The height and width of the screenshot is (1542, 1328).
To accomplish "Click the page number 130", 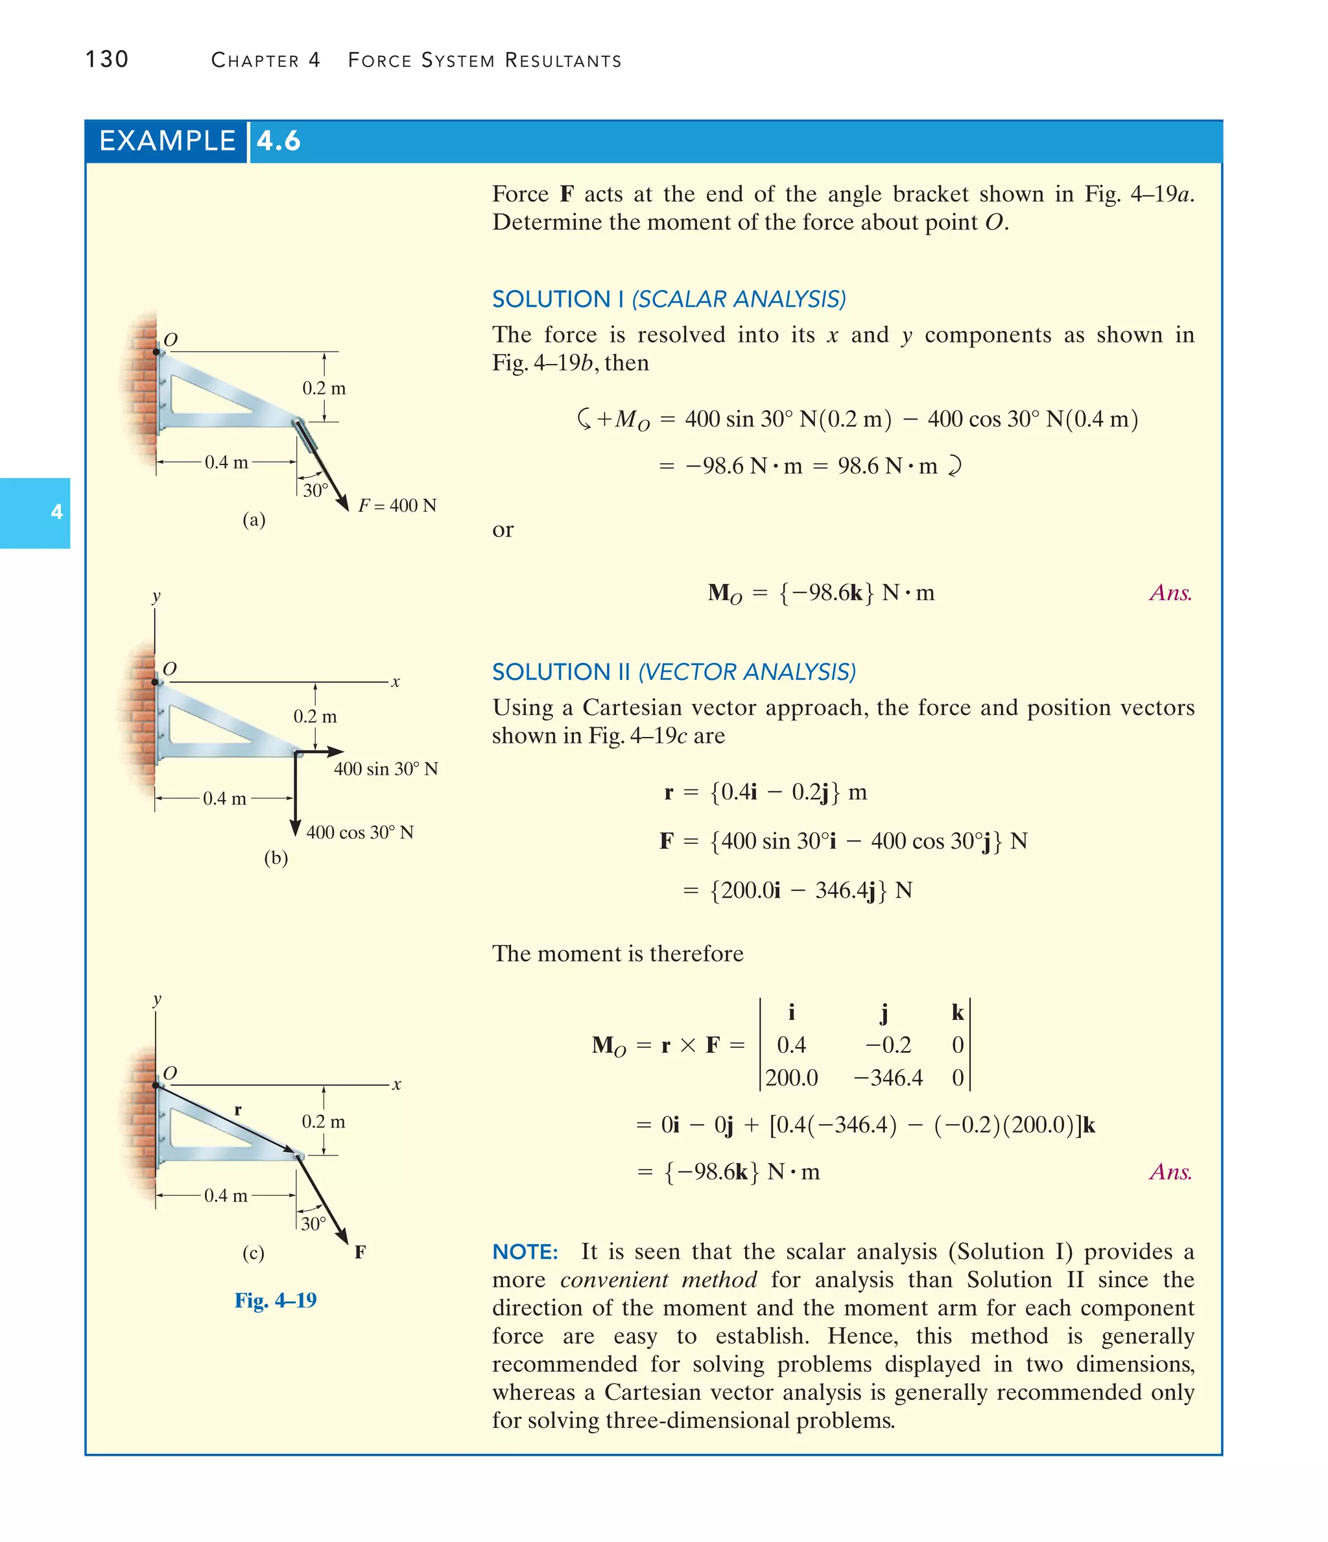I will [x=106, y=59].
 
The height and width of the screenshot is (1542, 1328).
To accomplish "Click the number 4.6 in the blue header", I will [x=278, y=141].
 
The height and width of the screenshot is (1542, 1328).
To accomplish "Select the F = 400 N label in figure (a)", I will [x=397, y=505].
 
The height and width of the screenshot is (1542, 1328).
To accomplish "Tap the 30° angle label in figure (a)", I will [x=314, y=490].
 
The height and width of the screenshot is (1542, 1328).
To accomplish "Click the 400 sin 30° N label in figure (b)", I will [x=385, y=769].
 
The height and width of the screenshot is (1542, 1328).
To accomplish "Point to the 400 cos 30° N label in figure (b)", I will [x=359, y=832].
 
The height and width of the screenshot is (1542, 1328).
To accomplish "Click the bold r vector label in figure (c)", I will [x=237, y=1109].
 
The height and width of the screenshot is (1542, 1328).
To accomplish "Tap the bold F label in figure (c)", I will [x=360, y=1252].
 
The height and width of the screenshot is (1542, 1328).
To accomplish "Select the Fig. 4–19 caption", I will [x=276, y=1300].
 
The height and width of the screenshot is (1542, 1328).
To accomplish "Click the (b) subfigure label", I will [x=276, y=858].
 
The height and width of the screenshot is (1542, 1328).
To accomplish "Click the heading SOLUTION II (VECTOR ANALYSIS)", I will [x=673, y=672].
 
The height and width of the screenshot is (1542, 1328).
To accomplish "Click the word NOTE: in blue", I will [x=525, y=1252].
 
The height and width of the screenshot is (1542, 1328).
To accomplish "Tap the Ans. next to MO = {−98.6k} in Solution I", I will [x=1170, y=592].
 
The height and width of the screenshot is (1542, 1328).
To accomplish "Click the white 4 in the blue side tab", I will [x=56, y=512].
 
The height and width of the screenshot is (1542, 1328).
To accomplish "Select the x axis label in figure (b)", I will [x=396, y=682].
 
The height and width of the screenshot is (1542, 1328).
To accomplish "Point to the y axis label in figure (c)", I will [x=156, y=1000].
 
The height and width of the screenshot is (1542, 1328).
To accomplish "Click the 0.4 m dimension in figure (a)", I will [x=226, y=462].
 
